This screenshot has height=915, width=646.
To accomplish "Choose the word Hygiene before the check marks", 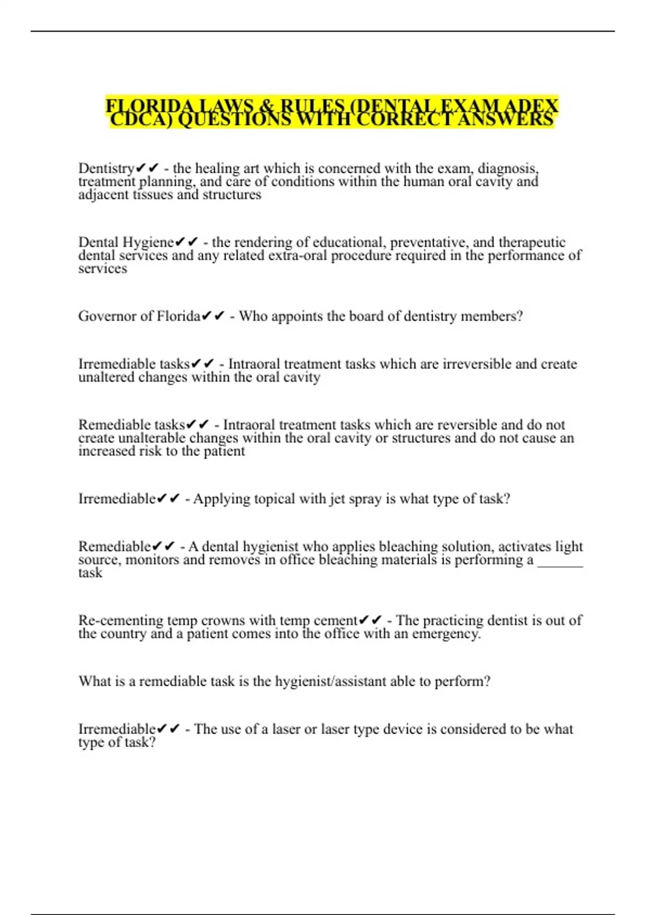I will pyautogui.click(x=148, y=243).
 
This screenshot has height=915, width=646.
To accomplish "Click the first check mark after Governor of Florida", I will pyautogui.click(x=207, y=316).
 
